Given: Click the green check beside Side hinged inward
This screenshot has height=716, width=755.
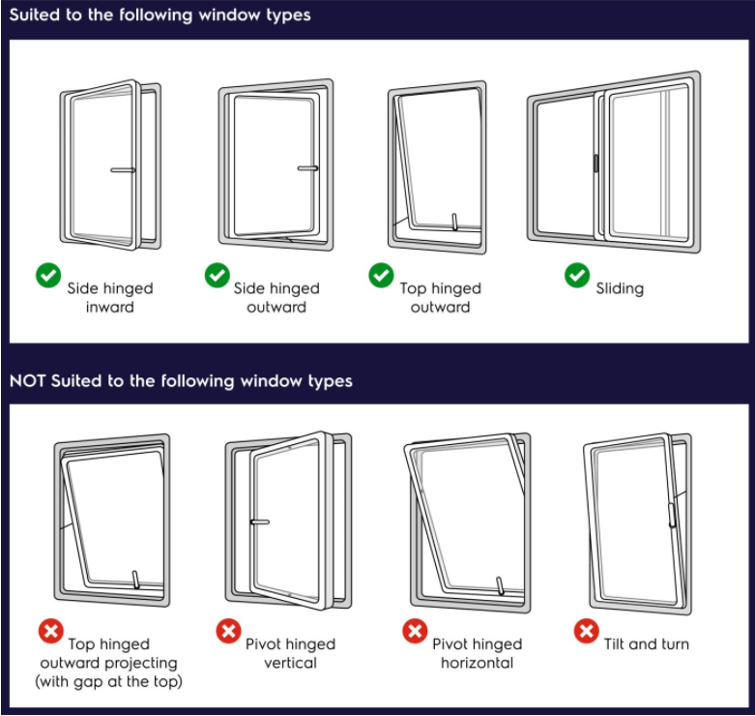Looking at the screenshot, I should click(x=49, y=278).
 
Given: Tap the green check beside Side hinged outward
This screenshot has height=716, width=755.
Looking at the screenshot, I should click(x=217, y=277).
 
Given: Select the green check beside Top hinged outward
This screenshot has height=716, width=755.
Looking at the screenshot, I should click(x=382, y=277).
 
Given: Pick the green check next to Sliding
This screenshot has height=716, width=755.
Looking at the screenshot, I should click(x=577, y=277).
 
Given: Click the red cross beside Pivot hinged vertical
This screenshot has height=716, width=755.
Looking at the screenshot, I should click(x=228, y=633).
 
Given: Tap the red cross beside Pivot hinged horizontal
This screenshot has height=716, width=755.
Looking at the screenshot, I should click(x=415, y=633).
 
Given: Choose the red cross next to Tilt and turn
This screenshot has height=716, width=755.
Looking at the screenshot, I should click(x=587, y=633).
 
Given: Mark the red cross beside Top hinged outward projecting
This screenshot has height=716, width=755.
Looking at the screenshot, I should click(x=50, y=633).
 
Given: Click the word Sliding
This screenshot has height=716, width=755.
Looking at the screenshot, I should click(x=620, y=288).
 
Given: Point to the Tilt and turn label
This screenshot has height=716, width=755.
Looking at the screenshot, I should click(x=647, y=643).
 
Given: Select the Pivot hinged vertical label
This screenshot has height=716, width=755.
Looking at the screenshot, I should click(x=290, y=653).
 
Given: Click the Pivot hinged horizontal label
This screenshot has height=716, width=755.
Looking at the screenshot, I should click(x=477, y=653).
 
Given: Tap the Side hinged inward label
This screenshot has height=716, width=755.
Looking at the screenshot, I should click(x=109, y=297).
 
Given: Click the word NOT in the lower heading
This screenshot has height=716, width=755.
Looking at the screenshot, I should click(x=29, y=381).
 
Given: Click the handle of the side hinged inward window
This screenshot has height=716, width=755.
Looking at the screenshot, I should click(x=123, y=170).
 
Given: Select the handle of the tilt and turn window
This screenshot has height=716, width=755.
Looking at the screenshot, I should click(x=673, y=514).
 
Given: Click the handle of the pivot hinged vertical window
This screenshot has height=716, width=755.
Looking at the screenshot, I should click(x=259, y=522).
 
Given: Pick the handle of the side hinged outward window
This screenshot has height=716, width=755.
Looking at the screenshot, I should click(x=308, y=168).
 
